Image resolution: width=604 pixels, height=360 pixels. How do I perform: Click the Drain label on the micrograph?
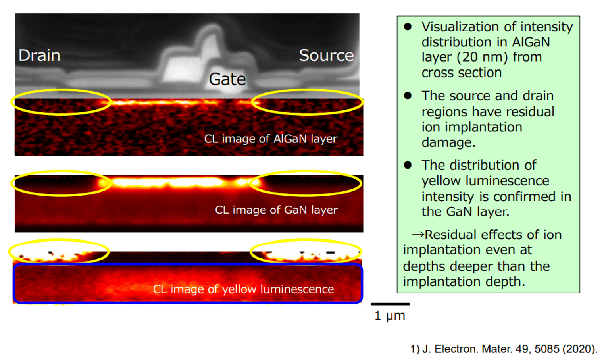[39, 55]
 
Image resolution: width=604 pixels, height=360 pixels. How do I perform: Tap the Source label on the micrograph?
[326, 55]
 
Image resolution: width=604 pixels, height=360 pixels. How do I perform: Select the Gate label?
[227, 79]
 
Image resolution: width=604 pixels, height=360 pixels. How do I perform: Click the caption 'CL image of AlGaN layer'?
[271, 139]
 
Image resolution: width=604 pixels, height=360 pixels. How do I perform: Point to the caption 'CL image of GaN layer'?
[276, 210]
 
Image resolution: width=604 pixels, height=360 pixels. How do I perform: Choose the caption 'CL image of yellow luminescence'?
[244, 289]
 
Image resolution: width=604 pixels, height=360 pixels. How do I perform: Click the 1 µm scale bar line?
[390, 304]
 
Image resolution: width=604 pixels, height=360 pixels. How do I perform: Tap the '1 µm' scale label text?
[390, 316]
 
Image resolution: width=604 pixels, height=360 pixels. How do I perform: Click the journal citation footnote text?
[504, 349]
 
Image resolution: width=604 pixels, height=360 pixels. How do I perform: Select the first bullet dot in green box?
[408, 27]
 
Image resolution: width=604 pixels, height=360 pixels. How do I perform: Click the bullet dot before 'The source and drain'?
[408, 96]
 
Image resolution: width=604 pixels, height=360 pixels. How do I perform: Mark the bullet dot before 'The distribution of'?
[408, 165]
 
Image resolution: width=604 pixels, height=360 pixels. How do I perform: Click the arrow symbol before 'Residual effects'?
[418, 235]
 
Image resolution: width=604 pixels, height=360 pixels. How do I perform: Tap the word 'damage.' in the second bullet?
[448, 142]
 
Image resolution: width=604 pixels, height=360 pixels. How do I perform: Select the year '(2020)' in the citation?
[580, 349]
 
